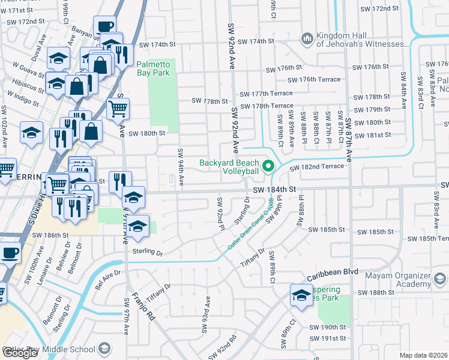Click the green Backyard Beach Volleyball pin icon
point(268,166)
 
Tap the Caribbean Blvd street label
point(332,272)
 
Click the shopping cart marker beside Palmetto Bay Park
point(118,109)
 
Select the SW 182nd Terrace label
point(318,166)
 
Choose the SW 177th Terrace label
point(266,94)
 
